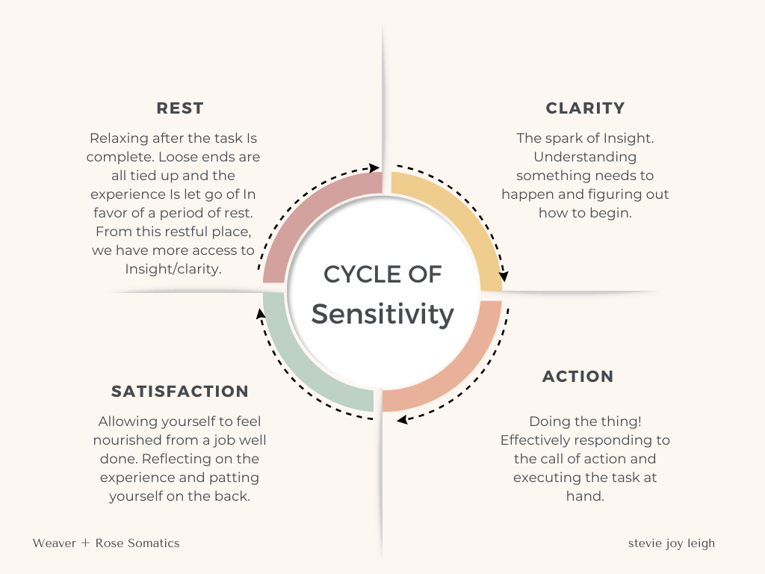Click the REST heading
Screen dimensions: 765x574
click(180, 108)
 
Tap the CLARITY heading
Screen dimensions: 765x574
click(585, 108)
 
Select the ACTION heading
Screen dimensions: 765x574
click(577, 377)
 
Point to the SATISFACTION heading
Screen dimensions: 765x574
click(180, 392)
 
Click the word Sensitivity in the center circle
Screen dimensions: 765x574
click(382, 314)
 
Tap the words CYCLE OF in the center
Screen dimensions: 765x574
click(382, 274)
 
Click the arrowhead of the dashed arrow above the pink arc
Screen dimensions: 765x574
click(374, 169)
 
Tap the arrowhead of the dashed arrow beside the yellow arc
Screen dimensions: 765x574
click(504, 276)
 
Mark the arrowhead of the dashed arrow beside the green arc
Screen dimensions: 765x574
click(260, 313)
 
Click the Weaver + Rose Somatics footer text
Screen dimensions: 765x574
click(106, 543)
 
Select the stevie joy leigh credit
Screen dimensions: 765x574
click(671, 543)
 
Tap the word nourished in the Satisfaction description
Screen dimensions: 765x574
click(131, 441)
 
